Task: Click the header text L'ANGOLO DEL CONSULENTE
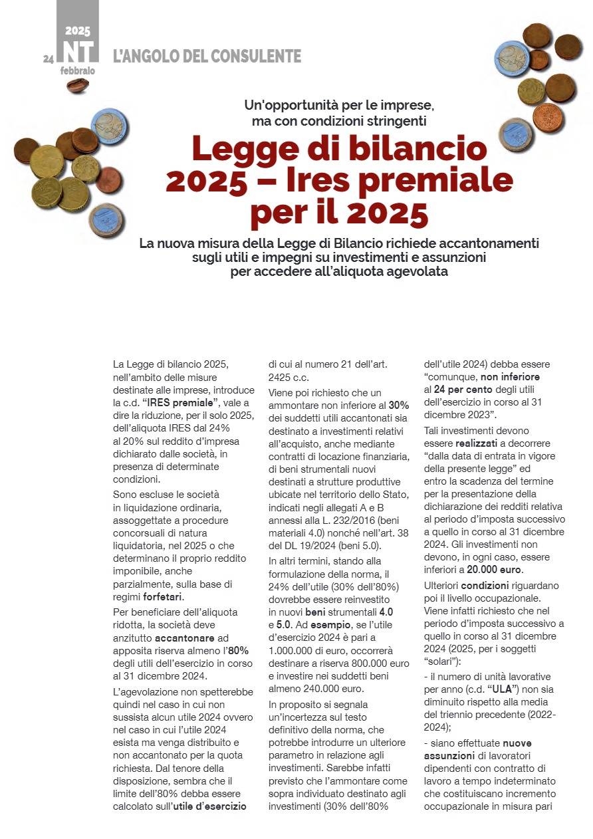click(x=207, y=57)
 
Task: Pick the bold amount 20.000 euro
click(x=495, y=570)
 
